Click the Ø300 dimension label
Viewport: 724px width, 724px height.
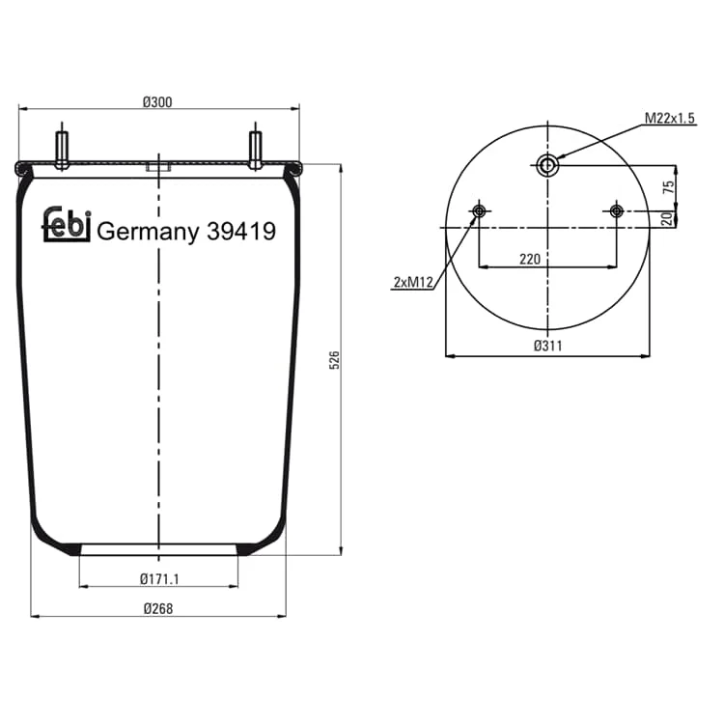tap(157, 102)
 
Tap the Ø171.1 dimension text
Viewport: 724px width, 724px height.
tap(159, 578)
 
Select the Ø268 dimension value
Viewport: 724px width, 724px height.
tap(158, 608)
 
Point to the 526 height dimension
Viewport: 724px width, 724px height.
tap(334, 360)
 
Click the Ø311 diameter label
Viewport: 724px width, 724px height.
tap(548, 346)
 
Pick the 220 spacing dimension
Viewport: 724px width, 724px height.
tap(530, 259)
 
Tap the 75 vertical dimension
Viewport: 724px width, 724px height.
tap(668, 187)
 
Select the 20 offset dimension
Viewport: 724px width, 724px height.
tap(667, 218)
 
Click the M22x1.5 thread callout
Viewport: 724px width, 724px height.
tap(670, 118)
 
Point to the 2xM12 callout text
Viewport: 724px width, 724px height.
tap(413, 282)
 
